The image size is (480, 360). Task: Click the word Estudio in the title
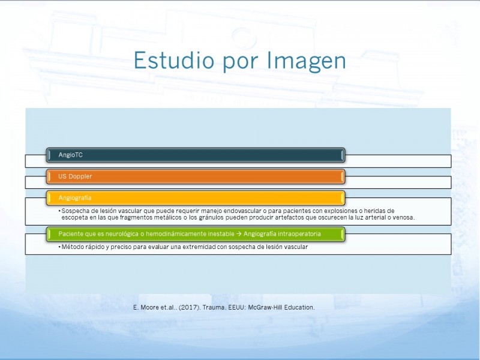[174, 60]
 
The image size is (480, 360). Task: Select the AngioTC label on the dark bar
[70, 155]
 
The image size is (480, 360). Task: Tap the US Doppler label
[75, 176]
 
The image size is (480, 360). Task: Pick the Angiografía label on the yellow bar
[74, 198]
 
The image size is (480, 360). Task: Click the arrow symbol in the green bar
[239, 234]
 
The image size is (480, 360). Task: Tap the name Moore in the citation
[149, 307]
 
